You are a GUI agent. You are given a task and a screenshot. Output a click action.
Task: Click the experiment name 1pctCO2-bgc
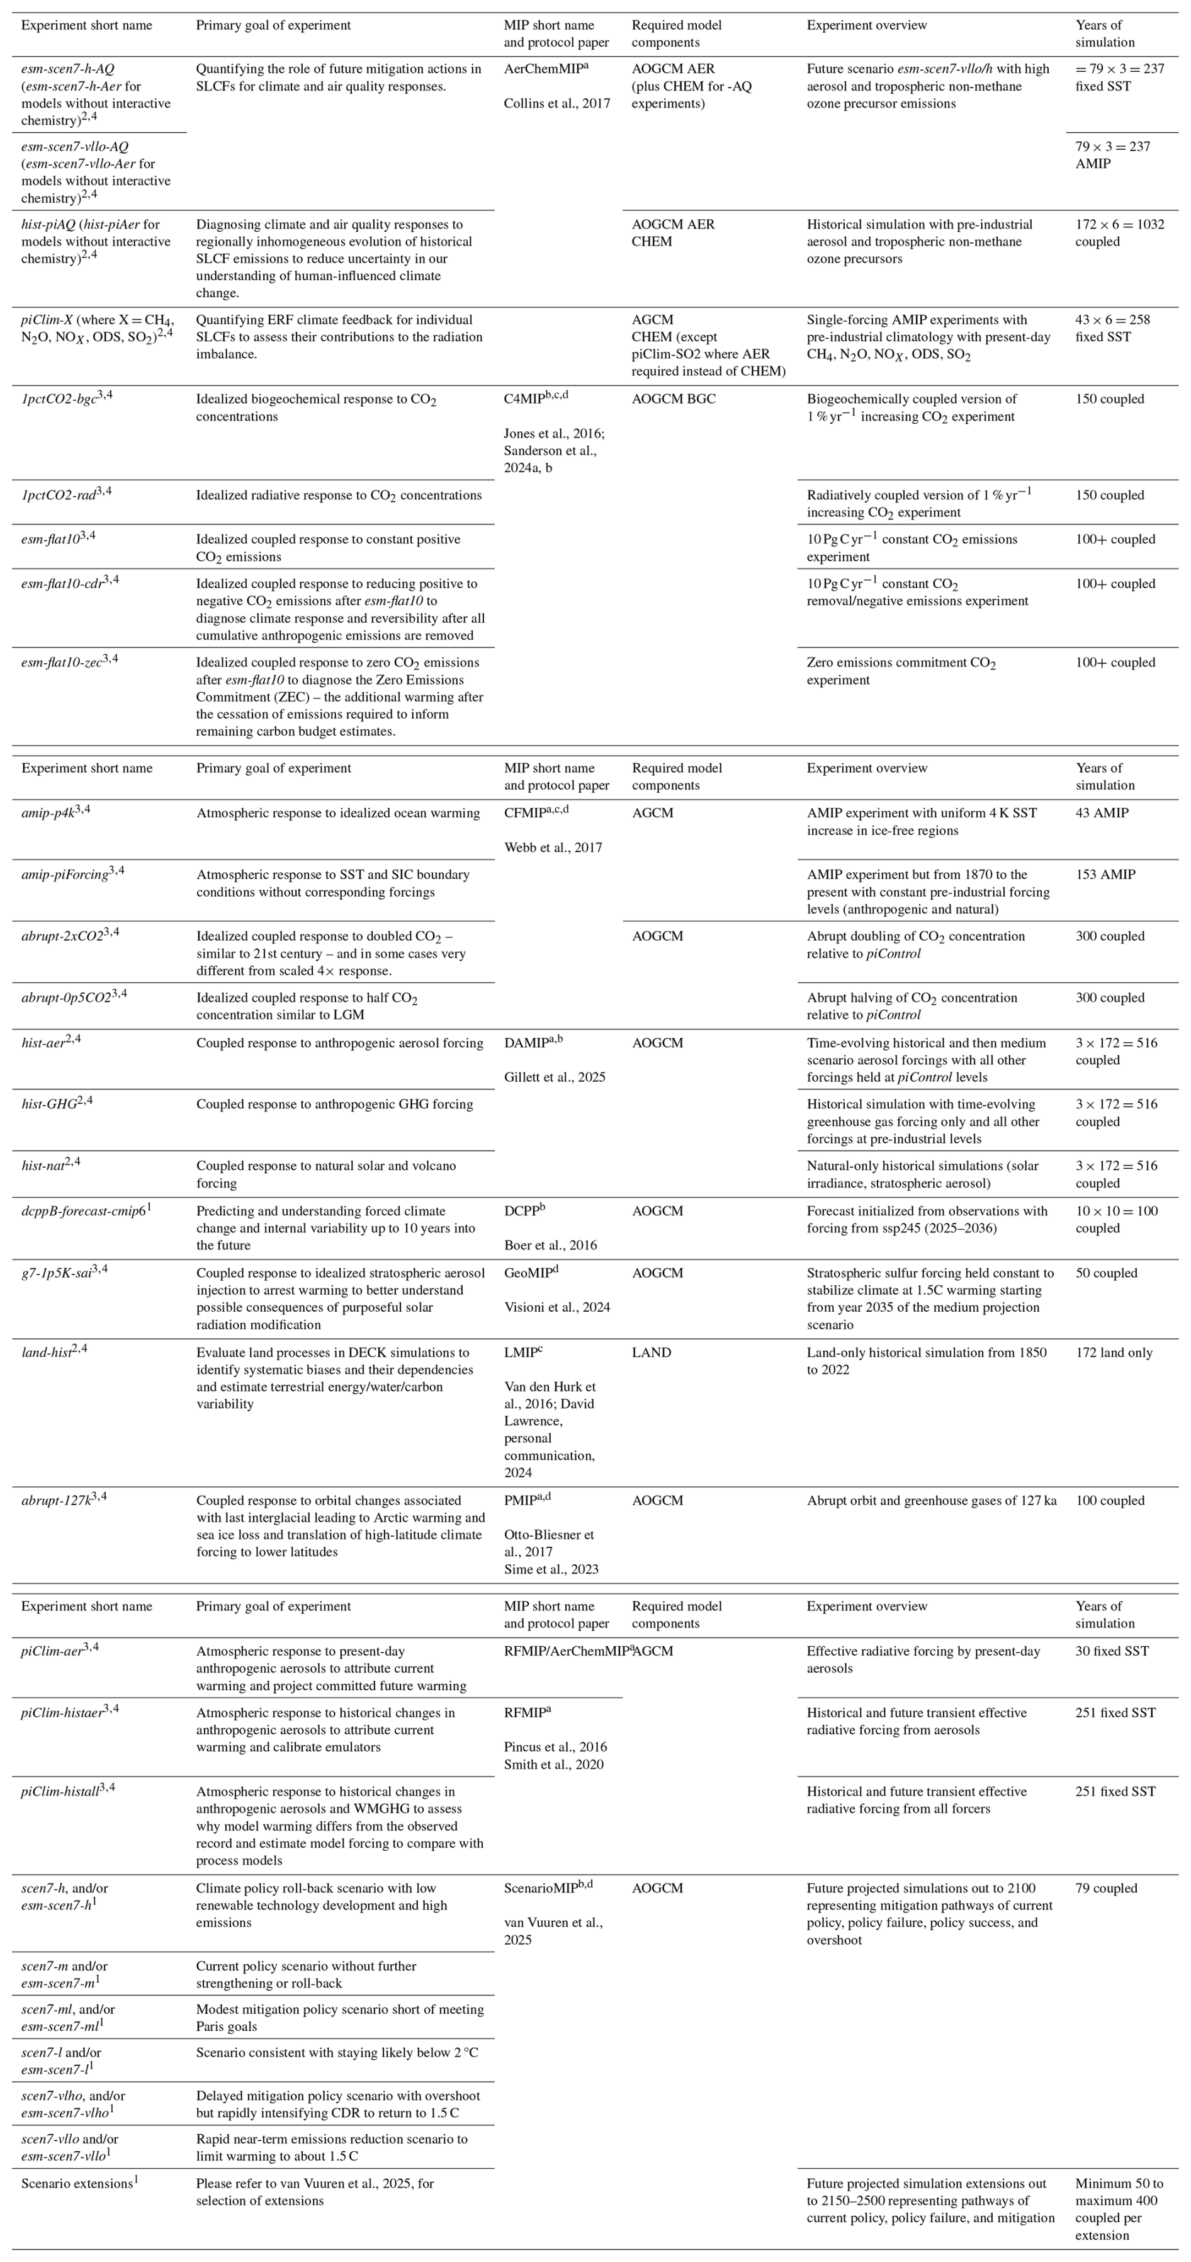59,399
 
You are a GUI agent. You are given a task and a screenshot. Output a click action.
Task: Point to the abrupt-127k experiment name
56,1501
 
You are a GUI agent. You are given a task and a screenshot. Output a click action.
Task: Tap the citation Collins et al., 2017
556,104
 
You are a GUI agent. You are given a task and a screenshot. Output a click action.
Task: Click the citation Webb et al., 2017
553,848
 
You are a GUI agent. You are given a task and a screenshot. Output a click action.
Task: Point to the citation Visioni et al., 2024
556,1307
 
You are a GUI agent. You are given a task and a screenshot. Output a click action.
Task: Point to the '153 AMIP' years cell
1105,875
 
